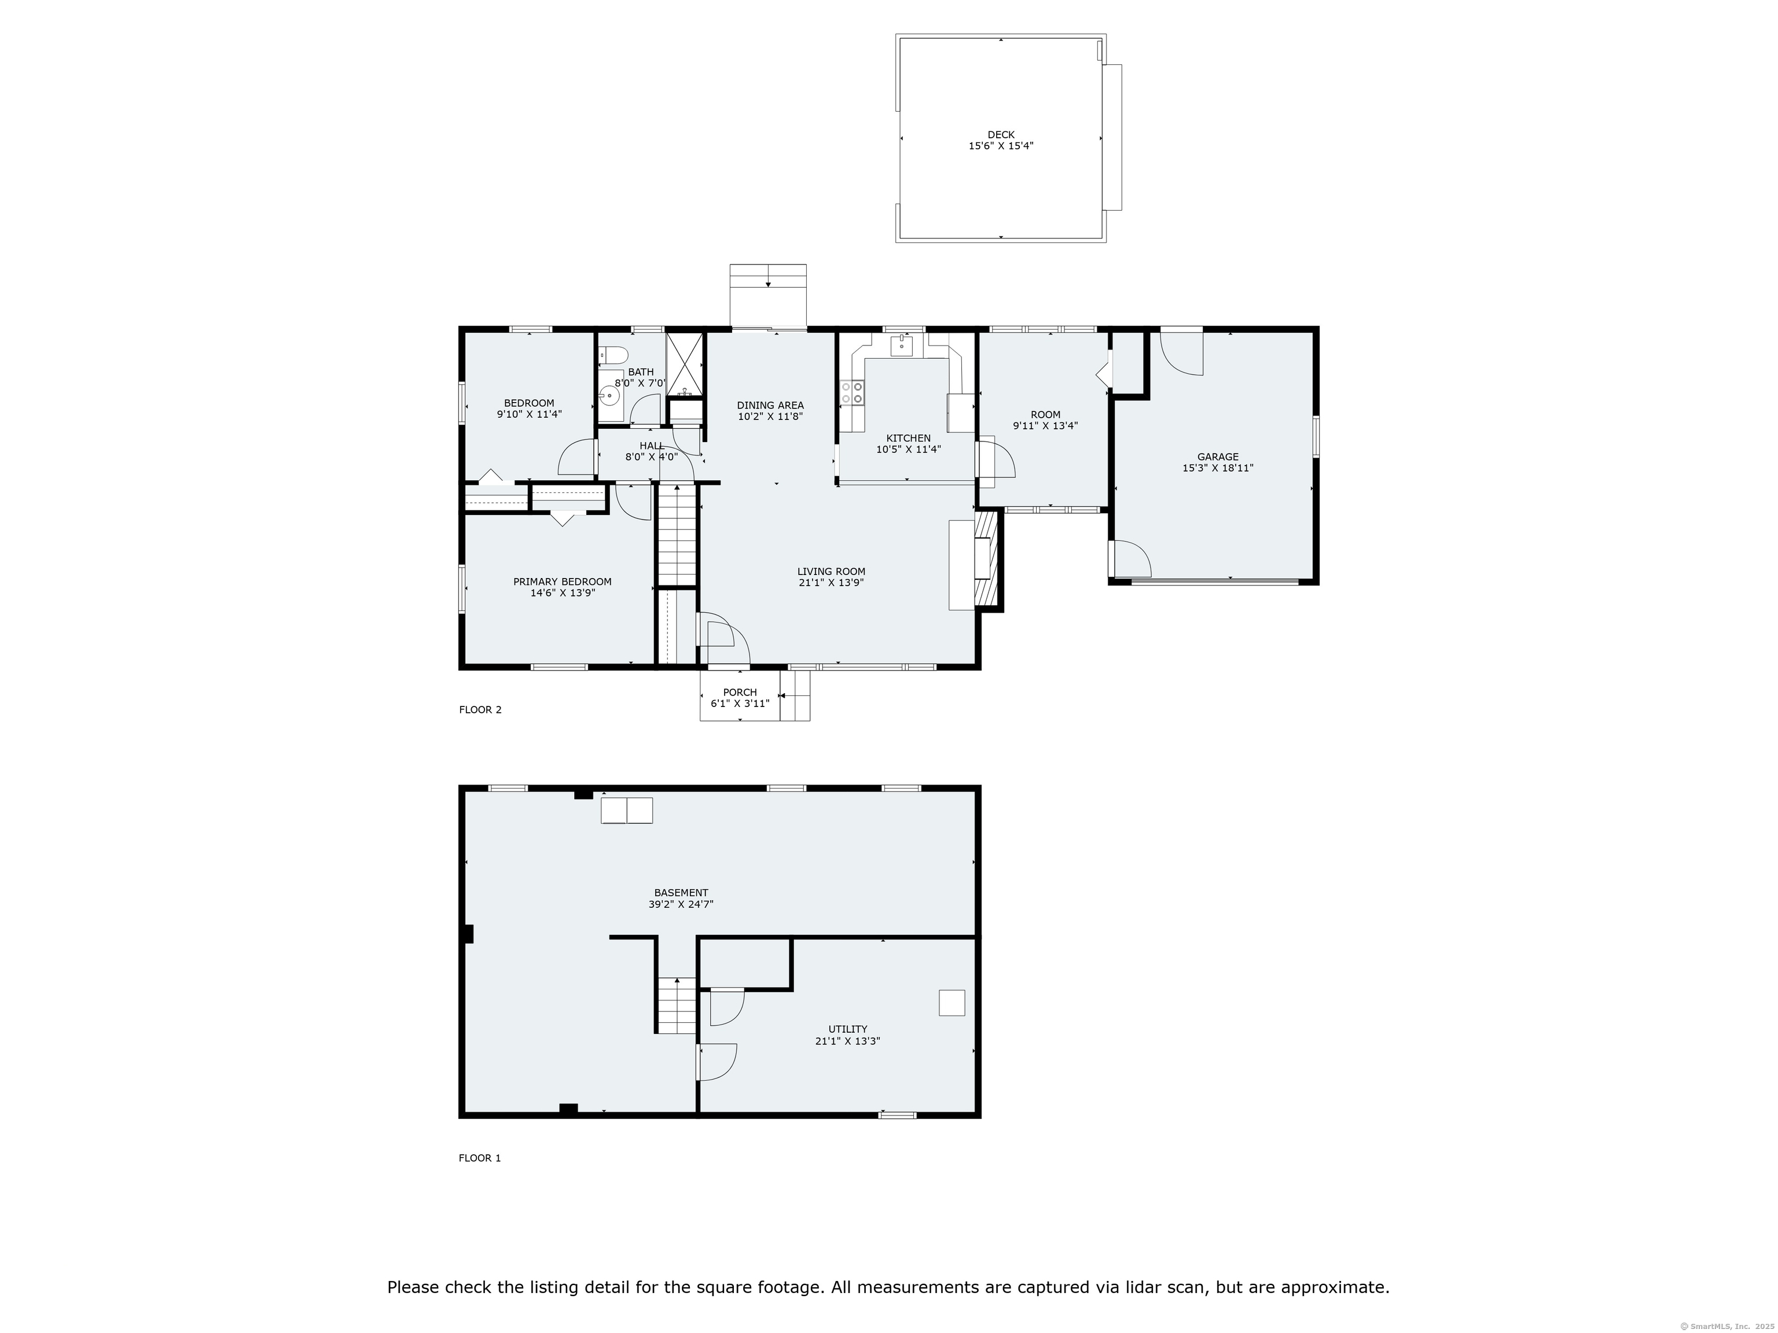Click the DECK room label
click(x=1001, y=135)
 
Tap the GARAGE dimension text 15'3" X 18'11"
click(x=1217, y=467)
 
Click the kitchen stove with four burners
click(x=852, y=393)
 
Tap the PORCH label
click(x=740, y=692)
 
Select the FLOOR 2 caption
click(x=480, y=709)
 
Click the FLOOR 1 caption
click(x=480, y=1158)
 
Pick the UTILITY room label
click(x=847, y=1029)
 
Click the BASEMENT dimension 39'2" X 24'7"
click(x=681, y=904)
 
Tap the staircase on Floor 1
click(x=677, y=1005)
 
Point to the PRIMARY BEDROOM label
click(x=562, y=581)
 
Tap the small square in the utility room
click(x=952, y=1003)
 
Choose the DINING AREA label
click(x=770, y=406)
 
